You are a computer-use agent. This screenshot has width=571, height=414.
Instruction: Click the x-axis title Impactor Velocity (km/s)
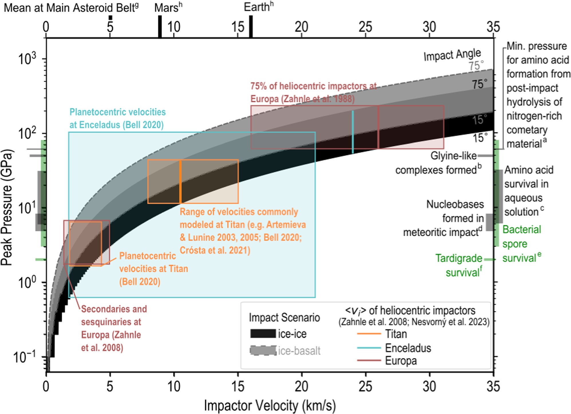point(270,406)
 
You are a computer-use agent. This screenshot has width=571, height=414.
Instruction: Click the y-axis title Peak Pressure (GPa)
point(7,207)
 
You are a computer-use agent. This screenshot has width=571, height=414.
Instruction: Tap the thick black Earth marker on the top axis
point(251,27)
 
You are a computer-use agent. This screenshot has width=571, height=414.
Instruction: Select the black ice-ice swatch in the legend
point(263,333)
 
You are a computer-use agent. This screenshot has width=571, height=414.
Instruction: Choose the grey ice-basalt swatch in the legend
point(263,351)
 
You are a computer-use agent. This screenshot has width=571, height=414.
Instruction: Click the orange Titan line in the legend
point(369,334)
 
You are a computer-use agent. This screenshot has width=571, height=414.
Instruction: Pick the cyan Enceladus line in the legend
point(369,348)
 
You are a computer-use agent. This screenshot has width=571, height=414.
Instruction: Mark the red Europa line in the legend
point(369,360)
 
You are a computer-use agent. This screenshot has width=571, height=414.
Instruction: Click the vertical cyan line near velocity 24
point(353,132)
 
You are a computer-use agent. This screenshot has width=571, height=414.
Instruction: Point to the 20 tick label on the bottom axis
point(301,386)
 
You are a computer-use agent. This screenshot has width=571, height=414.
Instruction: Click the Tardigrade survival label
point(459,265)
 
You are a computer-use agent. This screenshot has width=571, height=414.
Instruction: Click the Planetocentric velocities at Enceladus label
point(117,118)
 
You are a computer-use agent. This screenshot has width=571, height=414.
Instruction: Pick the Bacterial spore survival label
point(521,244)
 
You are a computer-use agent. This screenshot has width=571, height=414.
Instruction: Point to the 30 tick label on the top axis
point(429,27)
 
